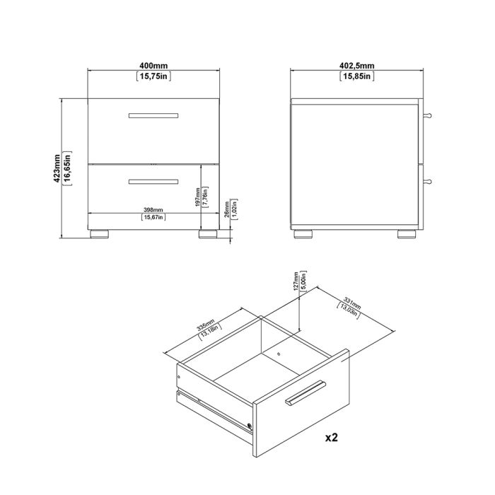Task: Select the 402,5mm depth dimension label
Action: coord(357,65)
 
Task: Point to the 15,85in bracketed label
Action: coord(357,76)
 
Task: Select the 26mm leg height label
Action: coord(226,210)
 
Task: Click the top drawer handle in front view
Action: coord(153,115)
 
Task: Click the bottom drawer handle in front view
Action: coord(153,182)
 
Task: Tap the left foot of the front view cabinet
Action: coord(98,231)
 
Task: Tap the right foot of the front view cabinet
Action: coord(207,231)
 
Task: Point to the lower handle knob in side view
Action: coord(428,182)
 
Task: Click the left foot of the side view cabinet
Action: coord(303,232)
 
